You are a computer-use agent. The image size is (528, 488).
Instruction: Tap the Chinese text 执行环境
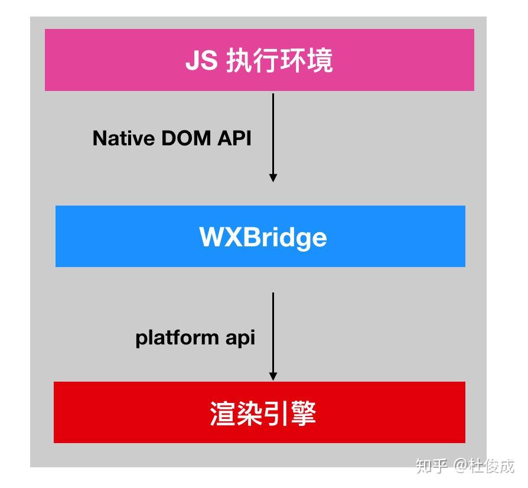tap(279, 61)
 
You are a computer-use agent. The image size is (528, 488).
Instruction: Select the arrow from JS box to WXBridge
tap(273, 136)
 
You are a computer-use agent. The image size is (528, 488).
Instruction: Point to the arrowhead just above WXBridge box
tap(273, 177)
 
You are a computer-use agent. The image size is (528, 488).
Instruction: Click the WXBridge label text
tap(263, 238)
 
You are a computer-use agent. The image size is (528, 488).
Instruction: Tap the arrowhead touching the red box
tap(273, 376)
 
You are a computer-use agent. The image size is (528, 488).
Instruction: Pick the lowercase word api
tap(240, 338)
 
